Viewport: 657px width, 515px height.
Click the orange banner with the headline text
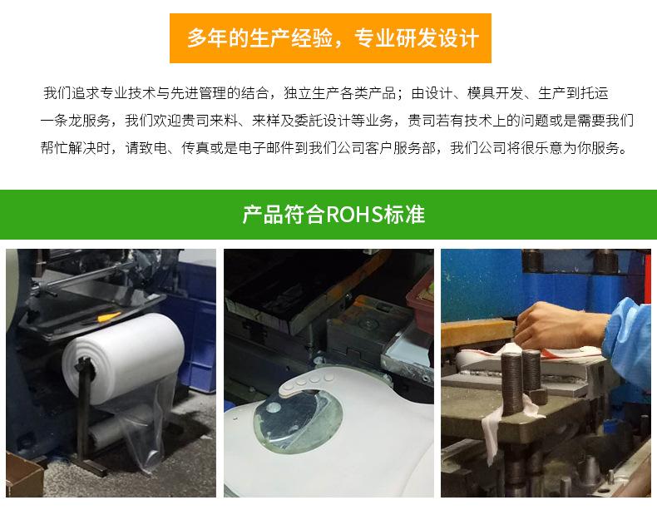(330, 38)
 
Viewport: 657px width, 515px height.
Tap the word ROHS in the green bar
(355, 215)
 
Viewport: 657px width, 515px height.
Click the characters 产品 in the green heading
(258, 215)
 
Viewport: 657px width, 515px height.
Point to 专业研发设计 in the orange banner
(417, 39)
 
